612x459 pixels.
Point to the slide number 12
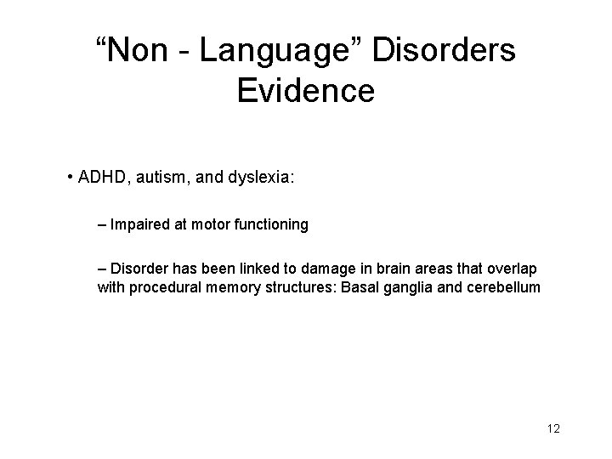[553, 428]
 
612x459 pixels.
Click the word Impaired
[138, 225]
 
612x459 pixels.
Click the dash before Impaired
[102, 225]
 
